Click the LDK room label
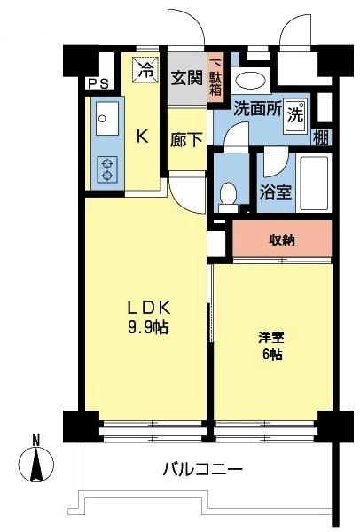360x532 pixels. (x=147, y=308)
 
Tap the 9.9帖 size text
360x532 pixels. (x=147, y=325)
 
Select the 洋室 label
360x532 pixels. (x=270, y=338)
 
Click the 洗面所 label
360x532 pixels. (x=256, y=110)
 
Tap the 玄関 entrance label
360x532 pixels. (x=185, y=76)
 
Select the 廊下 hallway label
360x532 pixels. (x=185, y=138)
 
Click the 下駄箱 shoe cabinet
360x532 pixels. (x=216, y=77)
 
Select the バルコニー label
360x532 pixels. (x=201, y=469)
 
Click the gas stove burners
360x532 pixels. (x=106, y=168)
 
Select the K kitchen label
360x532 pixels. (x=141, y=136)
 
